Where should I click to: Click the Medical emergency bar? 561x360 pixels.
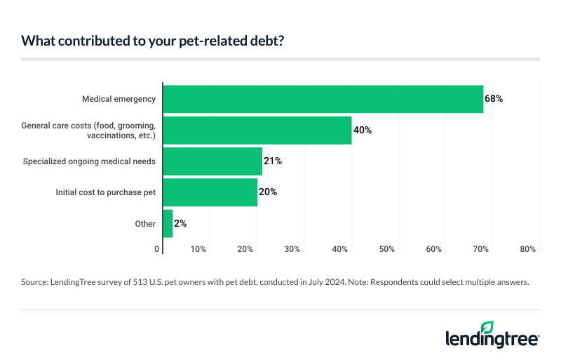pyautogui.click(x=323, y=99)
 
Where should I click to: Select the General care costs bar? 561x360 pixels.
pyautogui.click(x=257, y=130)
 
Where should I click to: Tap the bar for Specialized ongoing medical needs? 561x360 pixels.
pyautogui.click(x=212, y=161)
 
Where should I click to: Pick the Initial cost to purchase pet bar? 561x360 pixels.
pyautogui.click(x=210, y=192)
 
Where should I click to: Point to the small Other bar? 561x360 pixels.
pyautogui.click(x=168, y=224)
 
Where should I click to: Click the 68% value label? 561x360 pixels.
pyautogui.click(x=494, y=99)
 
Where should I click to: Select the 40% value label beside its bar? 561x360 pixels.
pyautogui.click(x=363, y=131)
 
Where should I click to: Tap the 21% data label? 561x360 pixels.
pyautogui.click(x=273, y=161)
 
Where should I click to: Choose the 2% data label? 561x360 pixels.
pyautogui.click(x=180, y=224)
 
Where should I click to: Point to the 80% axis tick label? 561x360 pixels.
pyautogui.click(x=528, y=249)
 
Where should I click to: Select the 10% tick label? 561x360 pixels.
pyautogui.click(x=198, y=249)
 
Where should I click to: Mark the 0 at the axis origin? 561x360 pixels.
pyautogui.click(x=157, y=249)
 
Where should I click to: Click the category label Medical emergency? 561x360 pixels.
pyautogui.click(x=120, y=99)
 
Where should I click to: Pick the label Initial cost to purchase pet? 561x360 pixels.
pyautogui.click(x=106, y=192)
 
